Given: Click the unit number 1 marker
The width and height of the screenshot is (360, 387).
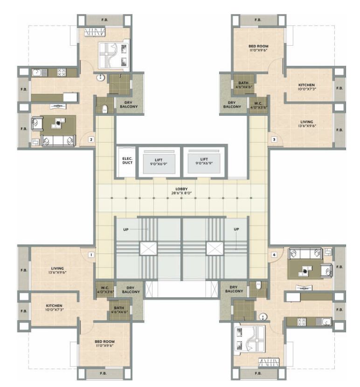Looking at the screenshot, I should (91, 255).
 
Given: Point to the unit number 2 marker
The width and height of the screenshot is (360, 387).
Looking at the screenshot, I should (91, 139).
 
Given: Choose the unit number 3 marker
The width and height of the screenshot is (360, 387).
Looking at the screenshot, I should (274, 139).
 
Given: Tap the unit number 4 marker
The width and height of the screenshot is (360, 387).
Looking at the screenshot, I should (274, 255).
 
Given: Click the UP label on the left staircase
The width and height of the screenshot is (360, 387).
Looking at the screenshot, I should (126, 230).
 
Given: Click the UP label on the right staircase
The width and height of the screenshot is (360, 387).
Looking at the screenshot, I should (236, 230).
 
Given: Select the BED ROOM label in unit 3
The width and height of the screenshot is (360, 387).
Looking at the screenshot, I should (258, 48).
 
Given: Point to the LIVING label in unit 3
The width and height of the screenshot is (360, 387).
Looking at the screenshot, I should (306, 124).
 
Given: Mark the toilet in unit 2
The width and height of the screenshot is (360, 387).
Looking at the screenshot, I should (105, 108).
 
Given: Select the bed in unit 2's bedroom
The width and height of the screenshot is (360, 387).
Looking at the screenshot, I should (113, 56).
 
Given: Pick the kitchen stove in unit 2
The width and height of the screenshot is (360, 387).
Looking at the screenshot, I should (62, 72).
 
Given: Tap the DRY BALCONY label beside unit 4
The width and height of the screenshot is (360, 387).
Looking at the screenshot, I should (231, 289).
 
